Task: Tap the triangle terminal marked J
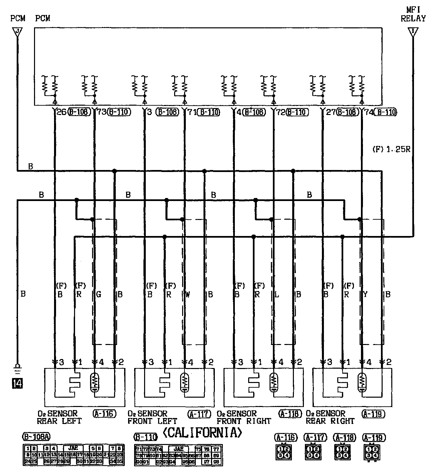tap(17, 32)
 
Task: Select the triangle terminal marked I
tap(413, 32)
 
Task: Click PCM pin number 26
tap(62, 112)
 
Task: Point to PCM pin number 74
tap(369, 112)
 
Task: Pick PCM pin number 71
tap(191, 112)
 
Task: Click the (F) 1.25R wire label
tap(391, 149)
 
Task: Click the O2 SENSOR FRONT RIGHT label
tap(244, 417)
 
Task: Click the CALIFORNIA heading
tap(202, 432)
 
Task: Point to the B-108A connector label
tap(36, 436)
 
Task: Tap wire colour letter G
tap(98, 295)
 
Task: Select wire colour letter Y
tap(365, 295)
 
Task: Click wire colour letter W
tap(187, 295)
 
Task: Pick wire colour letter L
tap(277, 295)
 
